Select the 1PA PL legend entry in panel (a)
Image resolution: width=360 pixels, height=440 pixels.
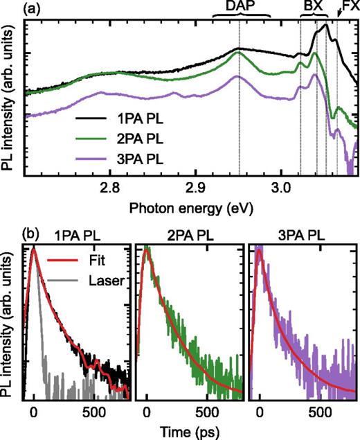(140, 123)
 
